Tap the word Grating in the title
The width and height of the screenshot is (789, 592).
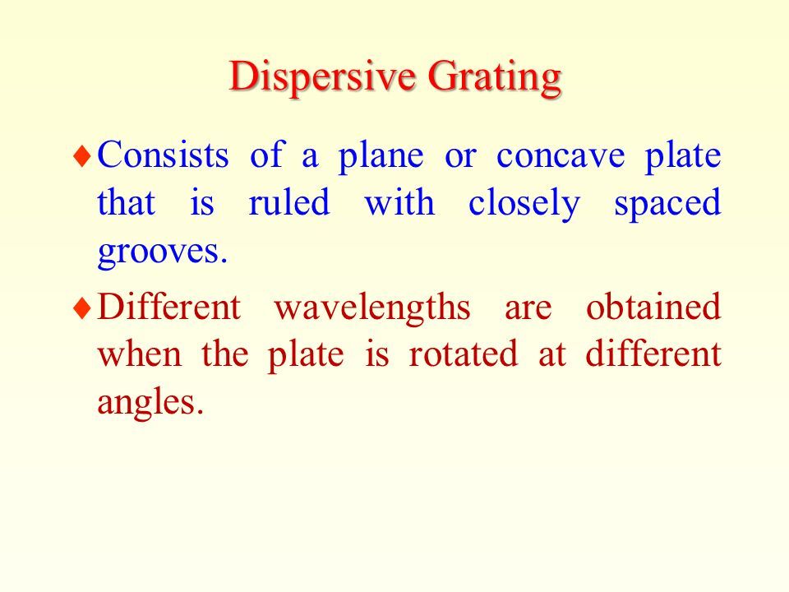point(494,77)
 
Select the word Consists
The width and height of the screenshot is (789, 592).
point(163,155)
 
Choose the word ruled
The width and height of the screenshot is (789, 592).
point(289,202)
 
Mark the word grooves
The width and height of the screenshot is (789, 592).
point(163,252)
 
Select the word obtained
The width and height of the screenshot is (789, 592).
point(653,306)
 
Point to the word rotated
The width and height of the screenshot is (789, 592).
point(463,354)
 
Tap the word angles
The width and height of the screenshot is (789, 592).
point(150,404)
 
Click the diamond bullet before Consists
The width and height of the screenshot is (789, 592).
point(82,155)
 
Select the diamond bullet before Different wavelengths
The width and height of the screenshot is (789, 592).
point(82,308)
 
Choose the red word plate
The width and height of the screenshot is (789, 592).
point(306,356)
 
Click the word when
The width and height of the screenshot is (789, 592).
point(140,354)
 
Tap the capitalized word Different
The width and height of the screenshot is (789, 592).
point(169,306)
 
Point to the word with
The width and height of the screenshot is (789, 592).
point(399,202)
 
